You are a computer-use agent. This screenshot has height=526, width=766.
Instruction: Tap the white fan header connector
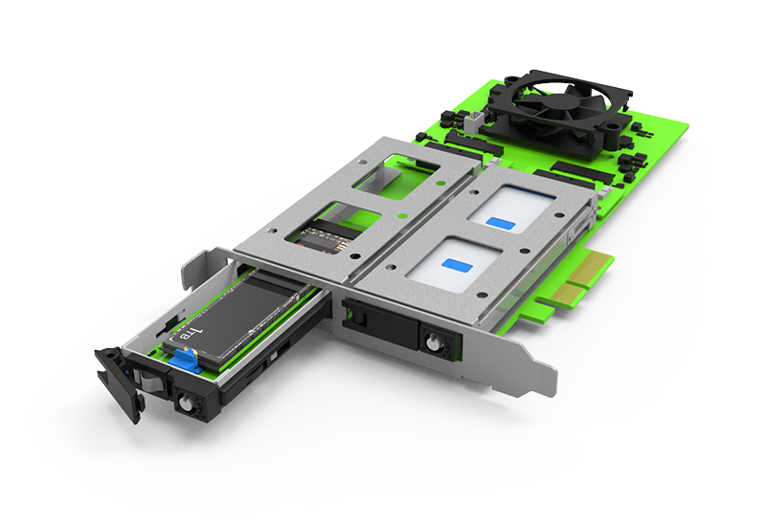tap(474, 121)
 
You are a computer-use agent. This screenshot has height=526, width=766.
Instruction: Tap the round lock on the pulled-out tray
tap(186, 403)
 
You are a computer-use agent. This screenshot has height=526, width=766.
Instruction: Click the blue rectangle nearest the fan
tap(501, 223)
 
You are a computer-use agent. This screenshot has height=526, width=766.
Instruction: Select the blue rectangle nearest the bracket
tap(458, 267)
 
